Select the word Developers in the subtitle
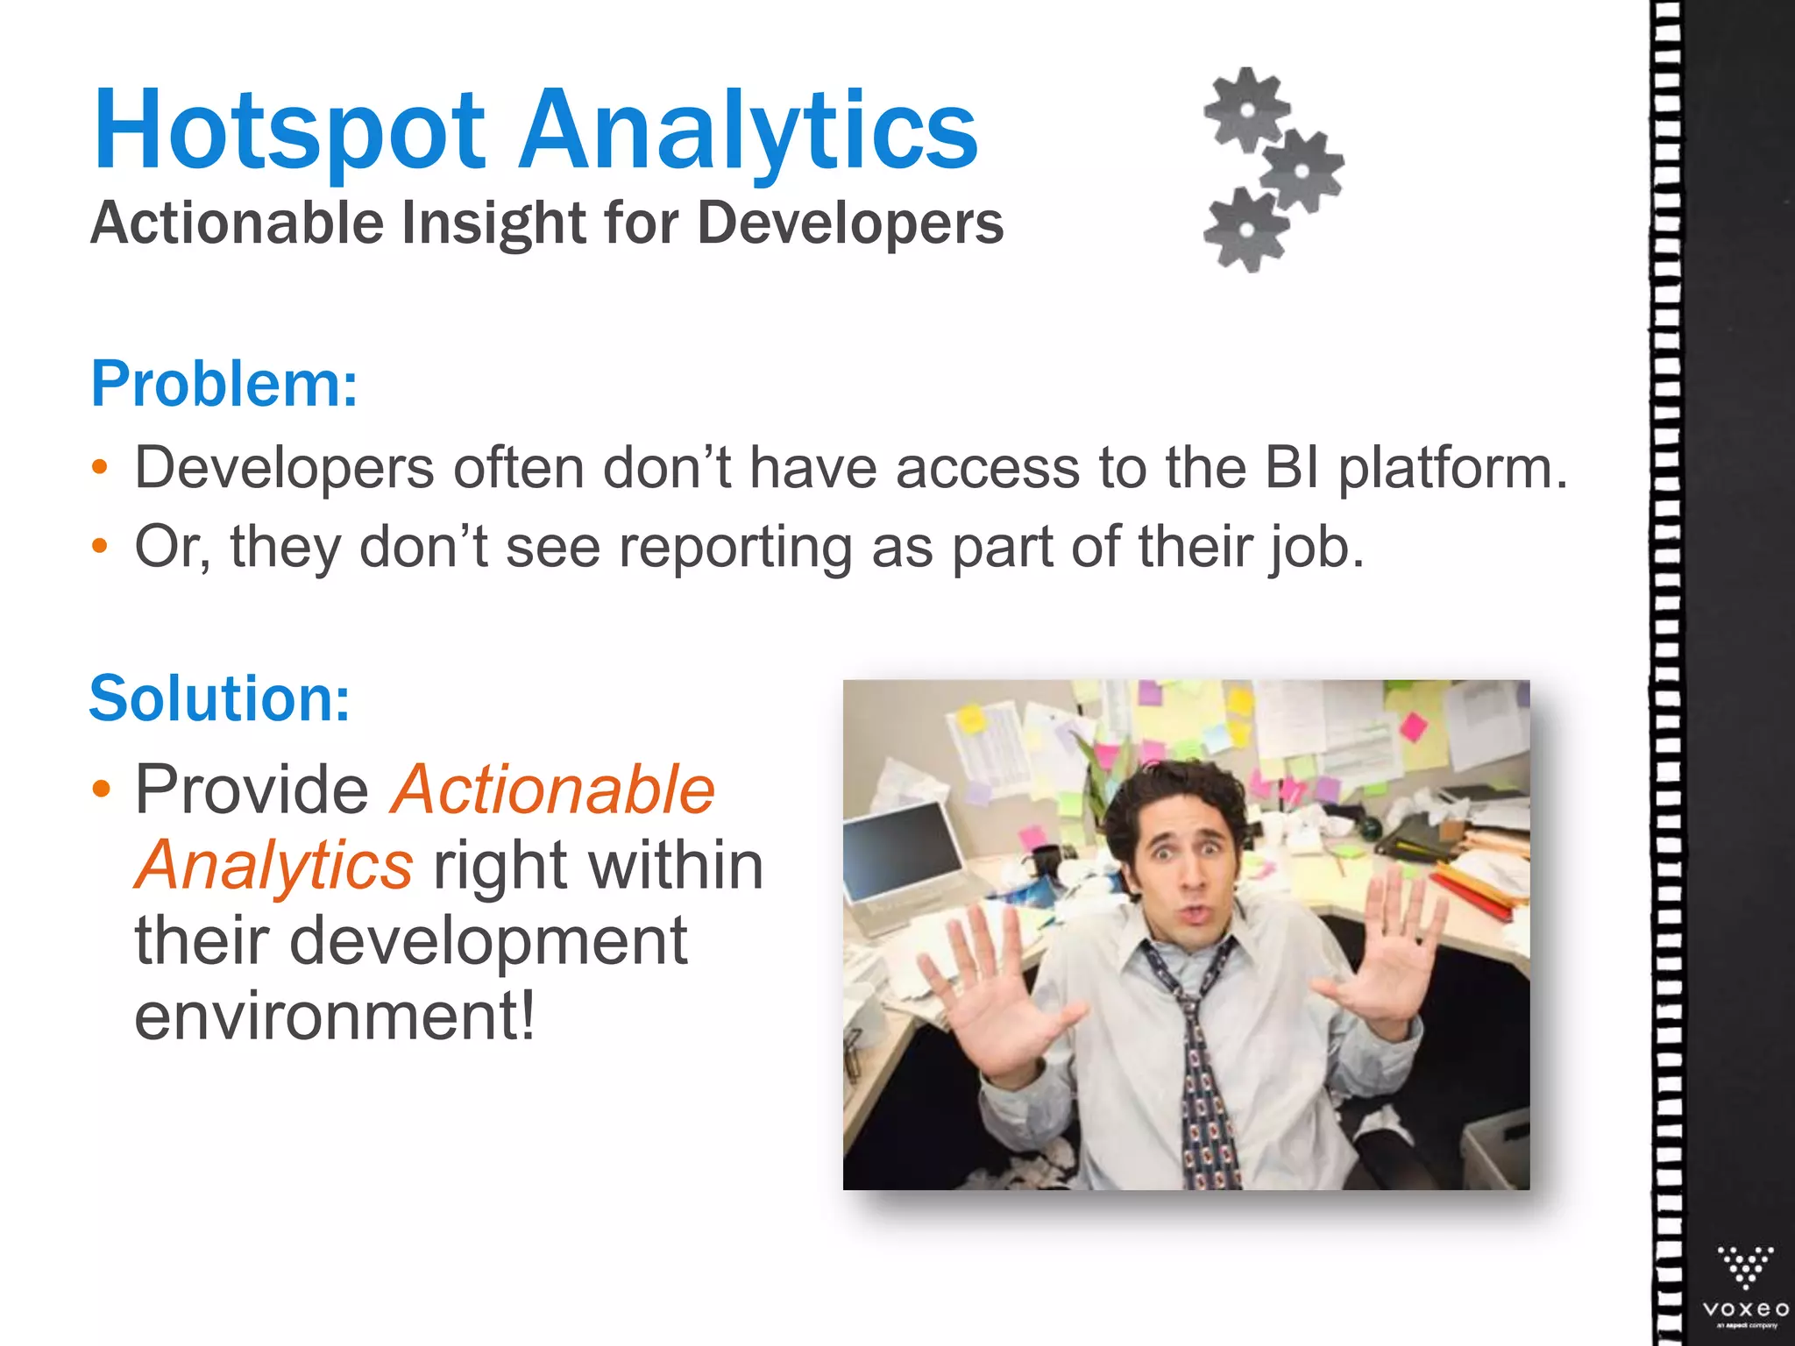850,223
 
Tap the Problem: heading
224,384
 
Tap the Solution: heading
220,698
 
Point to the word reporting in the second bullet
735,548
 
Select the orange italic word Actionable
553,790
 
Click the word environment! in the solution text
334,1016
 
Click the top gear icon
1245,110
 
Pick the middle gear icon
1302,171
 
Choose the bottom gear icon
1245,230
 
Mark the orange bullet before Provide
102,790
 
